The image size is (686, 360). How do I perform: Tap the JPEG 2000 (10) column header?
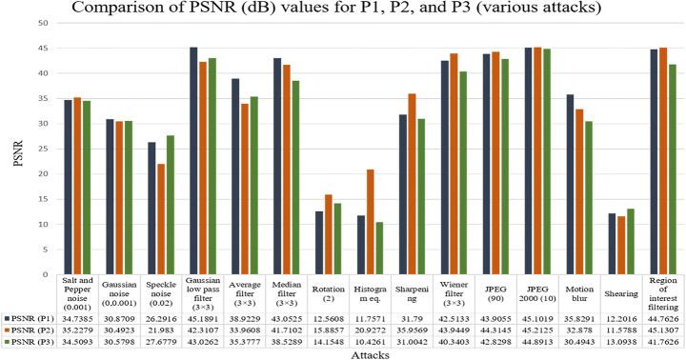517,289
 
